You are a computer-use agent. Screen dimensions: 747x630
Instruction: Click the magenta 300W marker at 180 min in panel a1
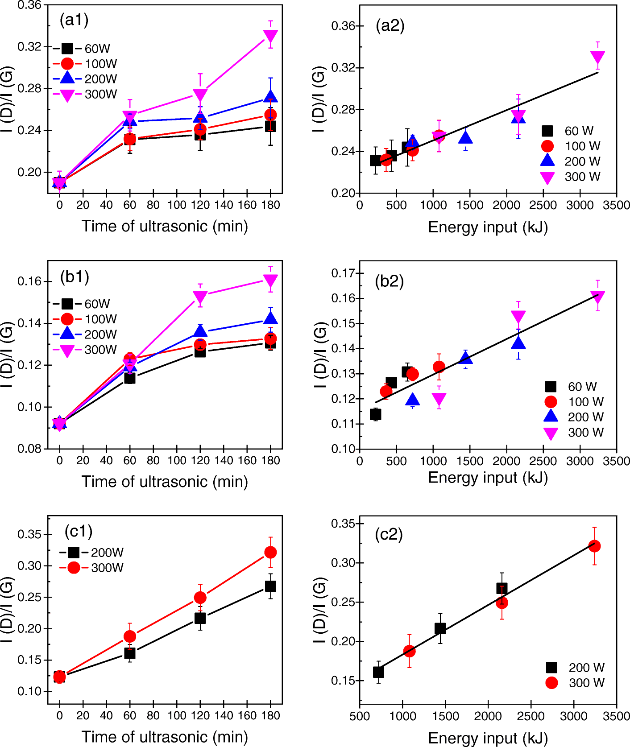point(270,36)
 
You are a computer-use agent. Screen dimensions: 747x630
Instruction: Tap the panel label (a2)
point(390,25)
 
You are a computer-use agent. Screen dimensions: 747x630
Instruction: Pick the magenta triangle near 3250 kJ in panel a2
point(597,57)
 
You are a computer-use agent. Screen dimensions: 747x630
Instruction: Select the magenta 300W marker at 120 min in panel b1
point(200,297)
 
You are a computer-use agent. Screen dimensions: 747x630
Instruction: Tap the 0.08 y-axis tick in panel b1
point(29,449)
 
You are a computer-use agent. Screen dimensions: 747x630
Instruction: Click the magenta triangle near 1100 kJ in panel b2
point(439,398)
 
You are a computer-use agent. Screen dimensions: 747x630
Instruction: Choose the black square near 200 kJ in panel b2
point(376,415)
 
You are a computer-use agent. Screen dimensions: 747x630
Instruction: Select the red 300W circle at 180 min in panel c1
point(270,553)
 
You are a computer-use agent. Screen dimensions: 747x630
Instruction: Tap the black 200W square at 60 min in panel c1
point(130,653)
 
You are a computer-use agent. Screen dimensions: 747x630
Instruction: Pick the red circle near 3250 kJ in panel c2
point(594,546)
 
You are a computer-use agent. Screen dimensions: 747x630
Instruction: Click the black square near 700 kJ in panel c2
point(378,672)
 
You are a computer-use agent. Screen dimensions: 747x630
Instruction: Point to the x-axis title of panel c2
point(488,738)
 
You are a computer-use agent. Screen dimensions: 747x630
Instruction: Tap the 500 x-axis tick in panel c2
point(360,716)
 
